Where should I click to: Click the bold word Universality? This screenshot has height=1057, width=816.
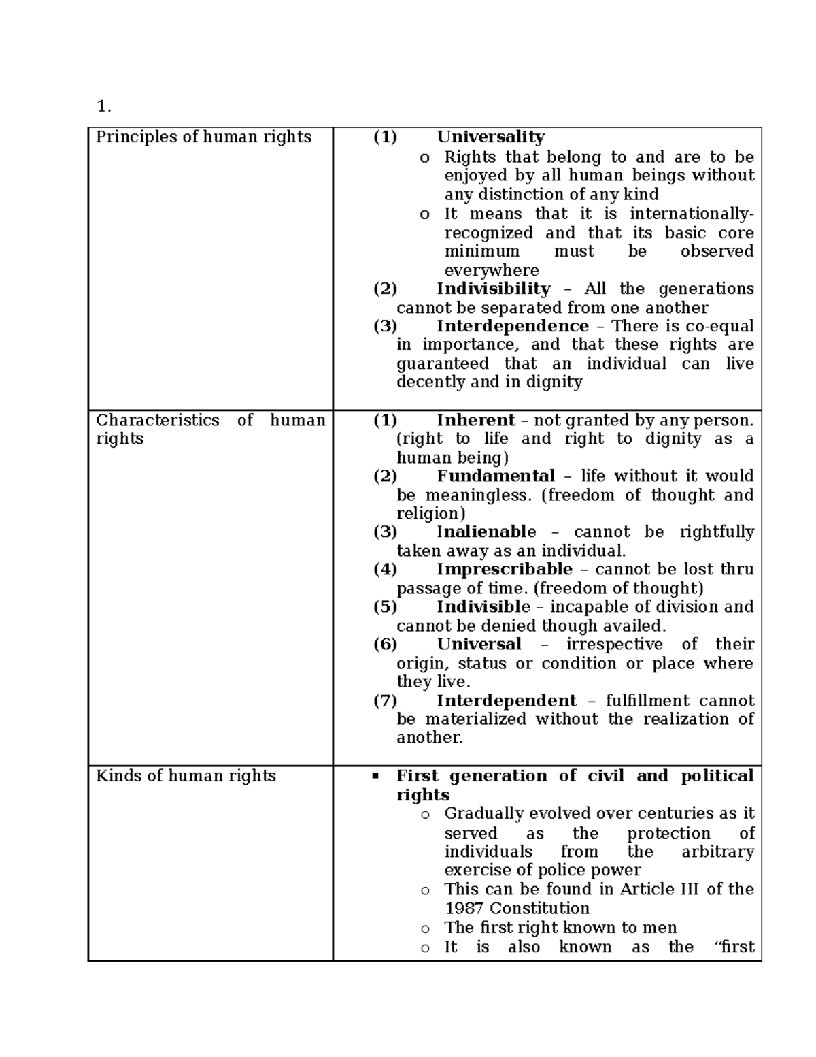pyautogui.click(x=490, y=137)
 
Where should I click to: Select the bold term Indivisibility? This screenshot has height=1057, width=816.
pyautogui.click(x=493, y=289)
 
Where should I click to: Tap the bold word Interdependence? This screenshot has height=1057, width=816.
pyautogui.click(x=512, y=326)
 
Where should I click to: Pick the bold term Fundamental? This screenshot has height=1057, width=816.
pyautogui.click(x=496, y=476)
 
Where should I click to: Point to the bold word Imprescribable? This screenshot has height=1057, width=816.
pyautogui.click(x=505, y=569)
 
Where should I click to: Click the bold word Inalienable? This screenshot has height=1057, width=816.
pyautogui.click(x=486, y=532)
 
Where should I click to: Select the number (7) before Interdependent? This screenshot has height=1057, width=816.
pyautogui.click(x=385, y=701)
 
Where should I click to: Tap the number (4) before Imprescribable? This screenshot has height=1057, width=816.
pyautogui.click(x=385, y=569)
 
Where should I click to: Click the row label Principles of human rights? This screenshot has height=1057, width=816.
pyautogui.click(x=203, y=137)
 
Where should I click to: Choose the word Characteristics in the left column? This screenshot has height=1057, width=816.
pyautogui.click(x=157, y=420)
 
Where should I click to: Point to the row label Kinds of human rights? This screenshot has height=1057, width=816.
pyautogui.click(x=186, y=776)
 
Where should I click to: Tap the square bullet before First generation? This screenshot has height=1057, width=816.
pyautogui.click(x=375, y=777)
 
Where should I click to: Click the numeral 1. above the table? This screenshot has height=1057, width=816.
pyautogui.click(x=103, y=106)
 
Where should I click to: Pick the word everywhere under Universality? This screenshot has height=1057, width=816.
pyautogui.click(x=491, y=270)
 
